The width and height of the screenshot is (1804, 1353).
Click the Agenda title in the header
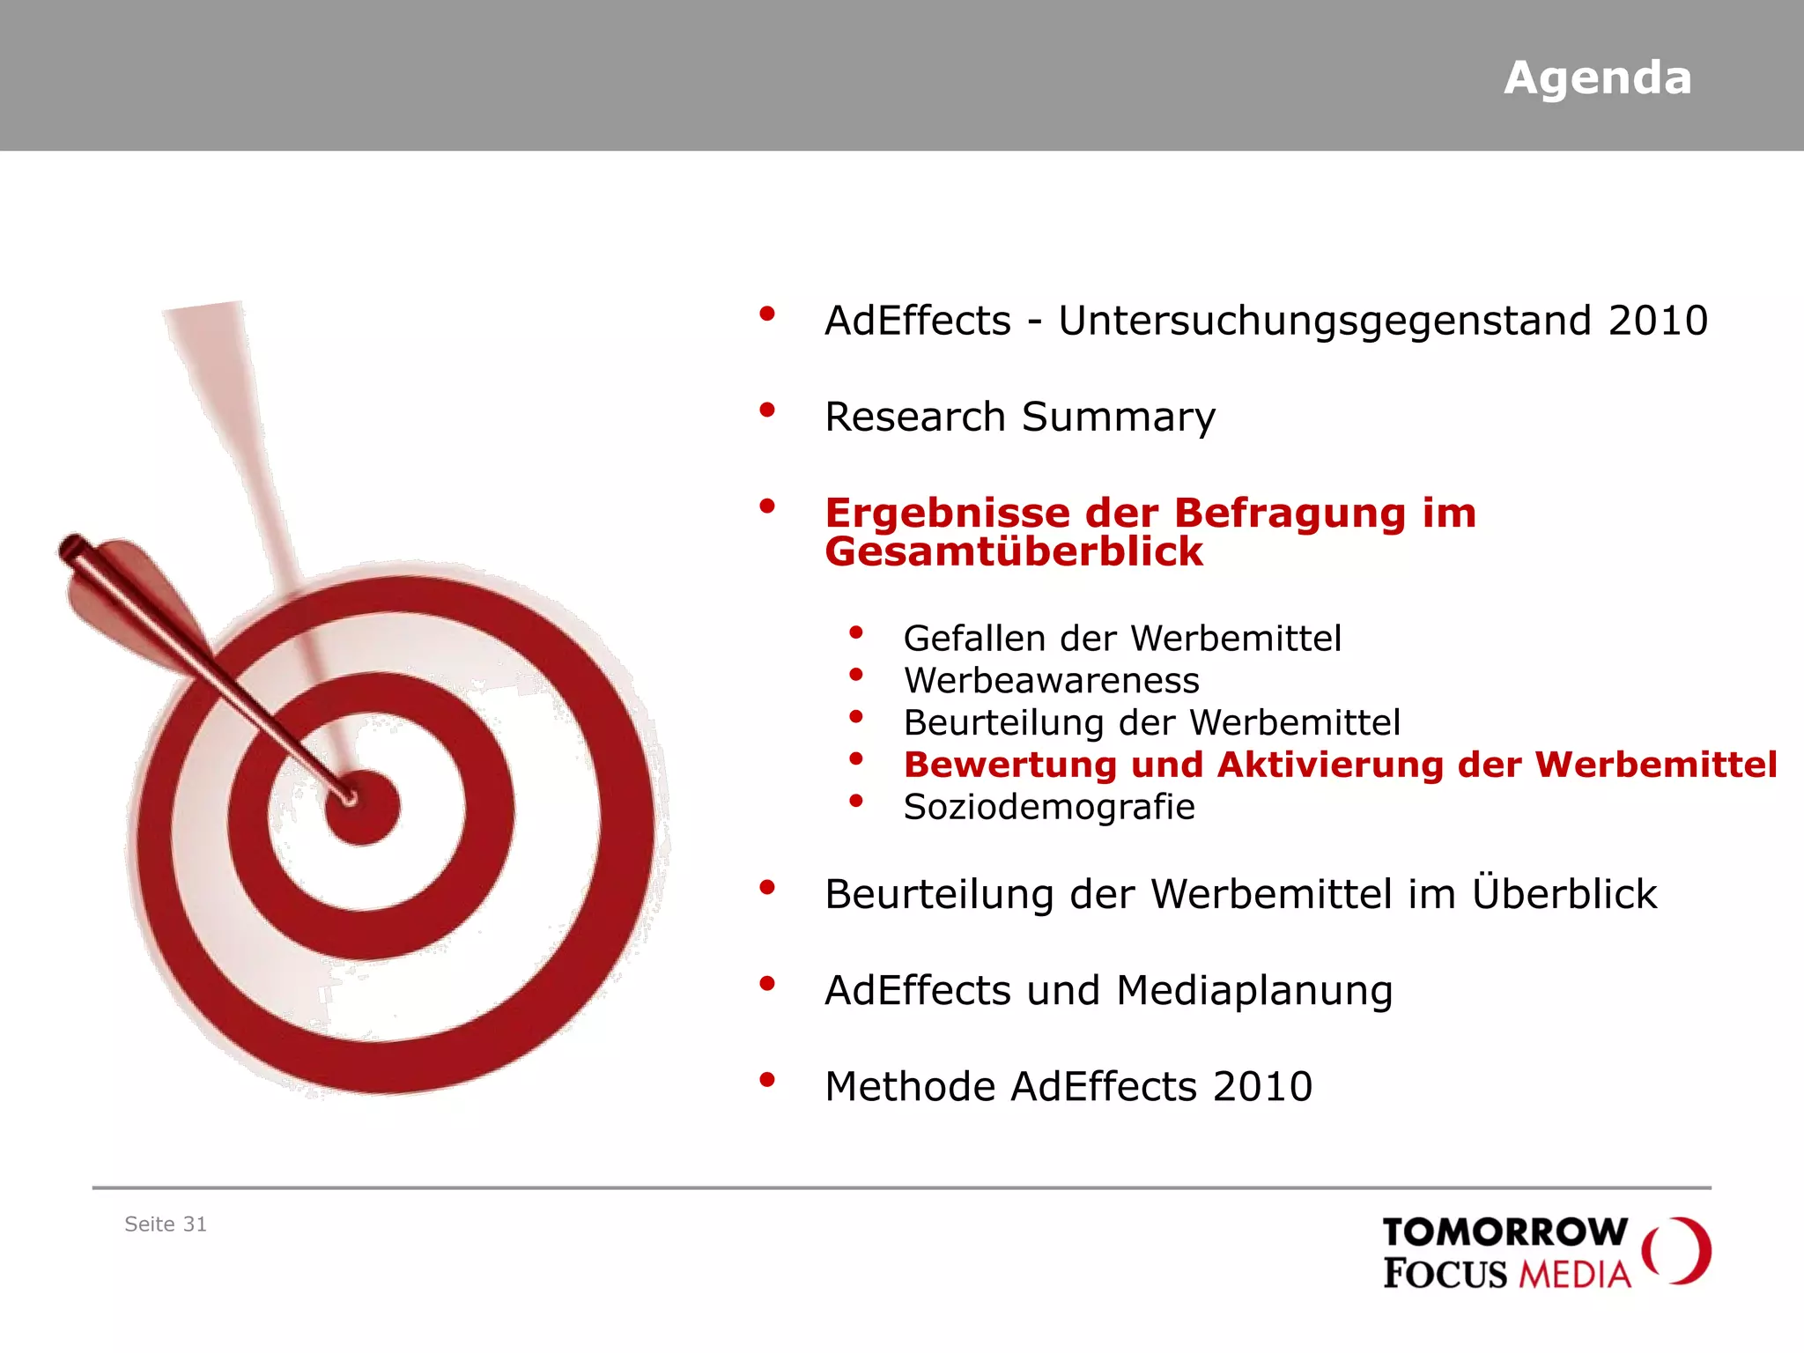(1597, 78)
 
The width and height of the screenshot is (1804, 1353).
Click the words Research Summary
(1019, 417)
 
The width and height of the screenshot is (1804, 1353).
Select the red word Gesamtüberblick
(1014, 552)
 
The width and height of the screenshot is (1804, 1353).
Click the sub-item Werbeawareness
(1051, 681)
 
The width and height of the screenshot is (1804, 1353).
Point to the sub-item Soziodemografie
(1048, 808)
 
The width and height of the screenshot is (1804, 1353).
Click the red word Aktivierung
(1330, 765)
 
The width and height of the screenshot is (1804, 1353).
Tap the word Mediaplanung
(1254, 991)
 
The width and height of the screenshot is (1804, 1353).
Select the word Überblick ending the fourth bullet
(1564, 894)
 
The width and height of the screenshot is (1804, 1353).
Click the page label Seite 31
(166, 1224)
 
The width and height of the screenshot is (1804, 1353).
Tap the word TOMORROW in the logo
(1505, 1232)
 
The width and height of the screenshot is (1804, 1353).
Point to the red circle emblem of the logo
(1677, 1251)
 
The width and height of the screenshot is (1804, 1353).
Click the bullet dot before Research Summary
(767, 410)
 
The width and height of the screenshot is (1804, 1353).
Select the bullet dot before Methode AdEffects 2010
(767, 1080)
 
